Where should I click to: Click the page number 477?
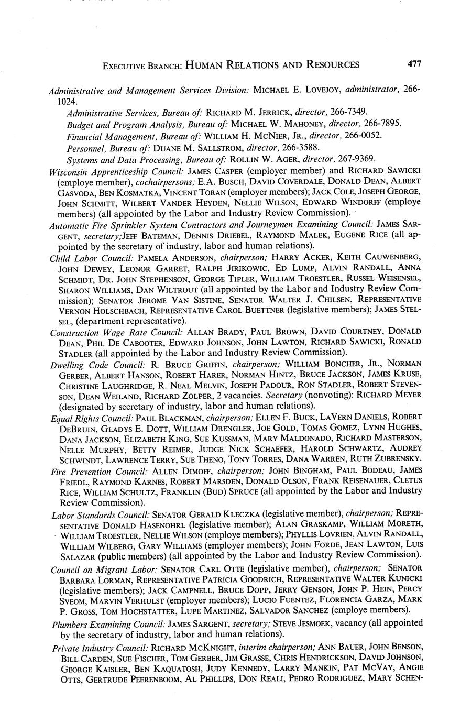413,64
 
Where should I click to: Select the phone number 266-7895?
382,124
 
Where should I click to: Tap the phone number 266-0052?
363,135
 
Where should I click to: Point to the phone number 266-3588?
300,147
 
